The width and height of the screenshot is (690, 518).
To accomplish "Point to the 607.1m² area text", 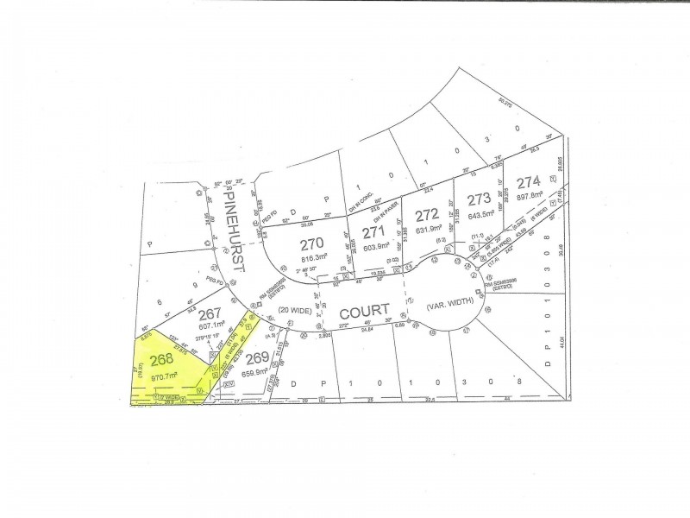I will pos(216,327).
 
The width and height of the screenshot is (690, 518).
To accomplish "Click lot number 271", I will pos(373,233).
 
